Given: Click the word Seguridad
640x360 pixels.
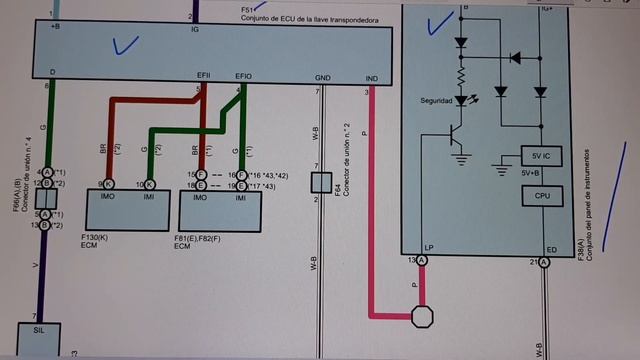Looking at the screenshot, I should click(441, 101).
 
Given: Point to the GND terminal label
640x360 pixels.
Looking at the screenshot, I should click(323, 77).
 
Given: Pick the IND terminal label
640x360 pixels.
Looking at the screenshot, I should click(372, 77).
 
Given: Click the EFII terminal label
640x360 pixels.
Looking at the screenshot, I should click(204, 76).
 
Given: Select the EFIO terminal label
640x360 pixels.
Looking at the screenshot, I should click(243, 76).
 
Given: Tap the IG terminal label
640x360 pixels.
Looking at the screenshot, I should click(195, 30).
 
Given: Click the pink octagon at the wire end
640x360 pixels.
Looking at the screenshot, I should click(423, 317).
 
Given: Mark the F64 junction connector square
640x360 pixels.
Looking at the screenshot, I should click(320, 182).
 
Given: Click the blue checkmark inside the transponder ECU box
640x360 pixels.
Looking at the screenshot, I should click(126, 44).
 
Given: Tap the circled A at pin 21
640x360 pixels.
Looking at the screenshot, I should click(545, 261).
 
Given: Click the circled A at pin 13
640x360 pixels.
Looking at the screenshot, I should click(422, 261).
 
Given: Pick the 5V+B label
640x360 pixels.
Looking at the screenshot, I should click(532, 174).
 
